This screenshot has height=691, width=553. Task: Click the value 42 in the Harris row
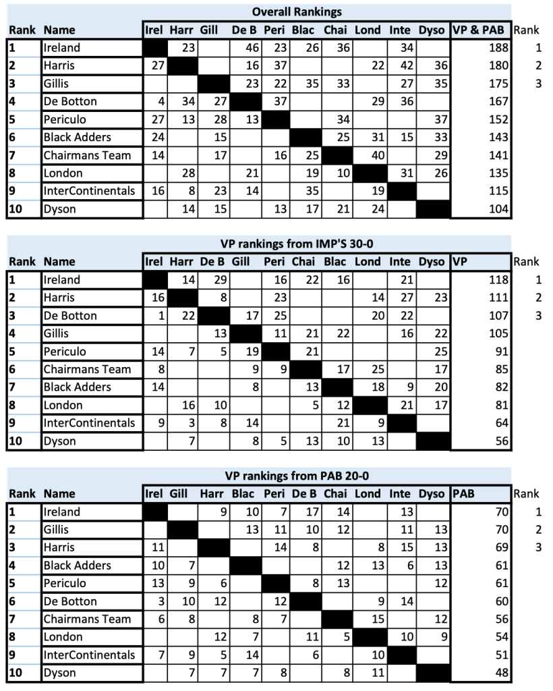click(403, 65)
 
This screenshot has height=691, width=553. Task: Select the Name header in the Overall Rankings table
click(59, 30)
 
